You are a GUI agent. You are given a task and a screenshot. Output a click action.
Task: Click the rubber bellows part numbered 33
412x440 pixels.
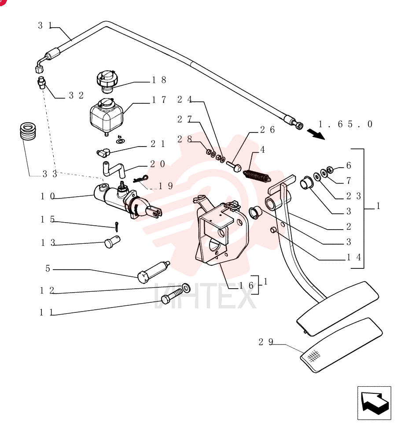[28, 131]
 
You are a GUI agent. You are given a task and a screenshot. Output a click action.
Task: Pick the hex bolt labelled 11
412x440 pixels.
[172, 296]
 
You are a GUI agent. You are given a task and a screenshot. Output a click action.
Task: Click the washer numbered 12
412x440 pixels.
[186, 288]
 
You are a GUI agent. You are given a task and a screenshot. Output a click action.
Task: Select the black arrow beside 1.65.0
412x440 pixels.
[316, 134]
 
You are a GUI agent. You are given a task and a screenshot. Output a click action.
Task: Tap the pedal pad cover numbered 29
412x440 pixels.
[342, 345]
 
